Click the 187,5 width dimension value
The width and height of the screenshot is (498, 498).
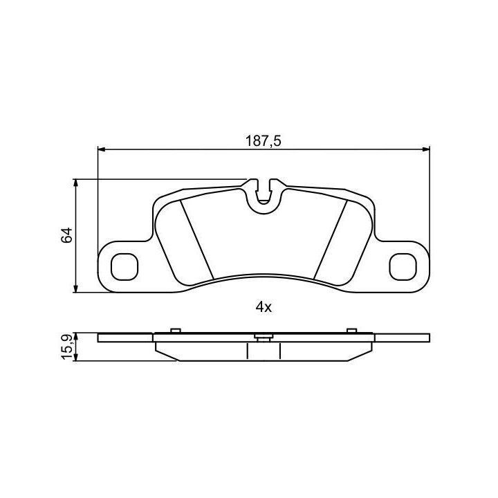pyautogui.click(x=264, y=141)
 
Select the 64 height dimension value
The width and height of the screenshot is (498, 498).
pyautogui.click(x=67, y=235)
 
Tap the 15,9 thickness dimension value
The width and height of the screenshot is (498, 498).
pyautogui.click(x=67, y=347)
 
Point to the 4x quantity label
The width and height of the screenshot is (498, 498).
pyautogui.click(x=264, y=307)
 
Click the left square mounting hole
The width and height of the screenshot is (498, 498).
pyautogui.click(x=124, y=267)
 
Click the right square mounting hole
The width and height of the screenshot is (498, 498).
pyautogui.click(x=403, y=267)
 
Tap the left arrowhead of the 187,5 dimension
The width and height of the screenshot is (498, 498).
pyautogui.click(x=102, y=149)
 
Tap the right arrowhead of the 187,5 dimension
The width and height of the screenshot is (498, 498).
pyautogui.click(x=426, y=149)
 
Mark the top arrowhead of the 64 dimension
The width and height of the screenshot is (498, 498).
pyautogui.click(x=75, y=183)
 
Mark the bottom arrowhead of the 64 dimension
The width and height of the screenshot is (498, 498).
pyautogui.click(x=75, y=288)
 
